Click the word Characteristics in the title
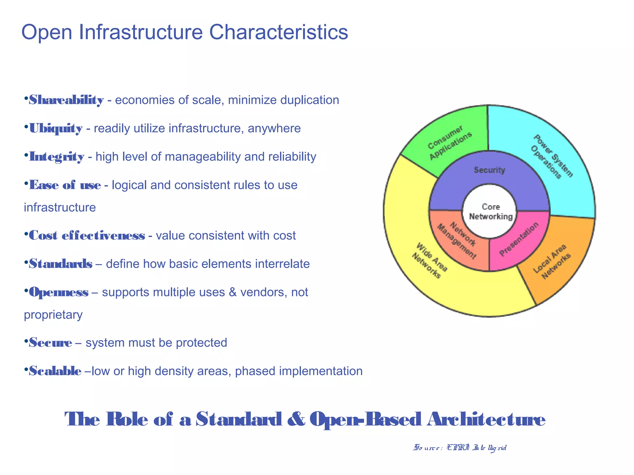[x=279, y=32]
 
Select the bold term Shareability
[x=66, y=100]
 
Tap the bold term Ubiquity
[x=56, y=128]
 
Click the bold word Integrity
[x=57, y=157]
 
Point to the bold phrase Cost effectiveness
[x=87, y=236]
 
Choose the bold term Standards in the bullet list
[x=61, y=264]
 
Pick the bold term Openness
[x=59, y=292]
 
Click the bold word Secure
[x=50, y=343]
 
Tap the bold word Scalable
[x=55, y=371]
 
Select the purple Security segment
[x=489, y=170]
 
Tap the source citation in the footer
[x=460, y=447]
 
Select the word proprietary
[x=53, y=315]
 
